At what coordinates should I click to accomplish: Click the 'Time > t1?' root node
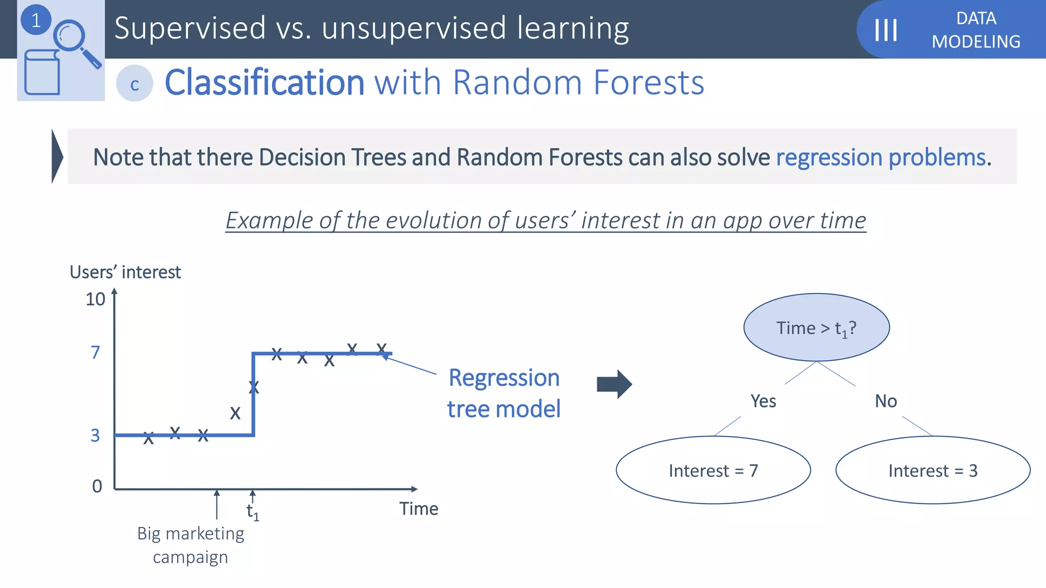click(816, 328)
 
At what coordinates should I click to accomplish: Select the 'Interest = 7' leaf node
click(713, 470)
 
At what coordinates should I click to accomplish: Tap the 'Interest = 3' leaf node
click(933, 470)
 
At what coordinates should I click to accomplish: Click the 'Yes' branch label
click(763, 401)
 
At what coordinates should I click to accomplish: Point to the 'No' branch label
click(886, 401)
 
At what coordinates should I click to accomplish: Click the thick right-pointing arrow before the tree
click(614, 384)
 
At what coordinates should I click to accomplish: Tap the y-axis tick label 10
click(96, 299)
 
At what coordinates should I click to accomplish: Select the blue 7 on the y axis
click(95, 353)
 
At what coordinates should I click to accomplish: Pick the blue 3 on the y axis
click(95, 435)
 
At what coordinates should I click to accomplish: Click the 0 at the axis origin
click(97, 486)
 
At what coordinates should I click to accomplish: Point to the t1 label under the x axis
click(252, 511)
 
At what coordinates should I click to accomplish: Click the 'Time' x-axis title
click(418, 509)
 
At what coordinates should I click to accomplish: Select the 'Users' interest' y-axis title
click(125, 272)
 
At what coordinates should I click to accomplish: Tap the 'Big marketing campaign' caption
click(191, 545)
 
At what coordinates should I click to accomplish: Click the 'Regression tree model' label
click(504, 394)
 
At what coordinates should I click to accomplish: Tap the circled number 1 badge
click(36, 20)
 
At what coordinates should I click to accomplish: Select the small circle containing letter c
click(134, 84)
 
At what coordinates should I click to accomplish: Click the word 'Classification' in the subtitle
click(265, 83)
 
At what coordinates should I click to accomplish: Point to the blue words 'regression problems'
click(881, 157)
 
